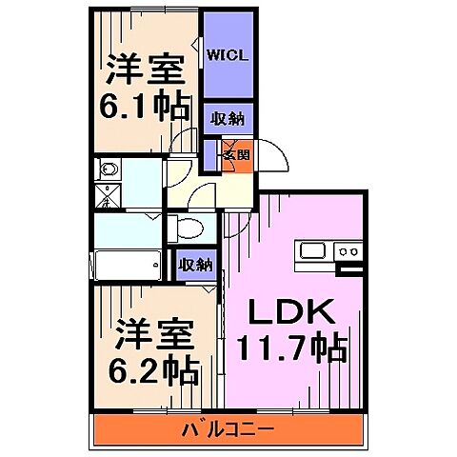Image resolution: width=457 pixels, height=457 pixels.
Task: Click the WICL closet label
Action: coord(228,55)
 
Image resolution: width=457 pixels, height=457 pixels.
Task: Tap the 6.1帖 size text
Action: coord(146,106)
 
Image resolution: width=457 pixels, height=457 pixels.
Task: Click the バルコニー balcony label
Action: coord(228,430)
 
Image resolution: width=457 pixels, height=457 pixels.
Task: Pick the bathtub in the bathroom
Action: coord(128,261)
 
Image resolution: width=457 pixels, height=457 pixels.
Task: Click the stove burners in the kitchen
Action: coord(348,251)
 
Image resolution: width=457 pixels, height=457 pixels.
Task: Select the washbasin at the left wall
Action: coord(108,172)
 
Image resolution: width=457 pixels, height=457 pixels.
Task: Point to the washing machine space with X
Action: coord(108,198)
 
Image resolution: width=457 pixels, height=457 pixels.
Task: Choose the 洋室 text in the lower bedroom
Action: coord(152,333)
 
